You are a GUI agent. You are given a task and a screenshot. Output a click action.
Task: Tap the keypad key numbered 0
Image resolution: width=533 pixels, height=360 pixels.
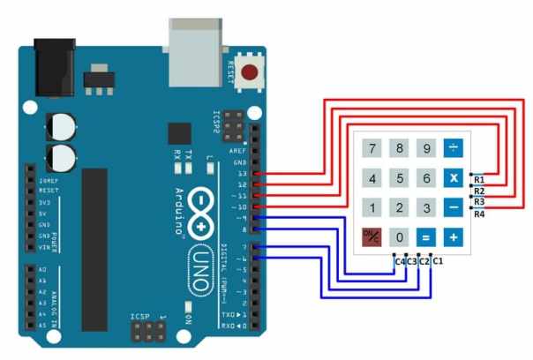pyautogui.click(x=400, y=236)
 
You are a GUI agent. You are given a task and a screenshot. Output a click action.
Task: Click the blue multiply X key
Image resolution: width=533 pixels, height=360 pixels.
pyautogui.click(x=453, y=178)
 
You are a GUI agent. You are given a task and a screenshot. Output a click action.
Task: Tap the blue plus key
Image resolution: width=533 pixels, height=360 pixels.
pyautogui.click(x=453, y=236)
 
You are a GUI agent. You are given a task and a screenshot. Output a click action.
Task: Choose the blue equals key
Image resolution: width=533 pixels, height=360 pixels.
pyautogui.click(x=426, y=236)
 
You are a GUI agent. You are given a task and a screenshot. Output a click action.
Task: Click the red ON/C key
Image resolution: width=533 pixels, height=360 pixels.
pyautogui.click(x=372, y=236)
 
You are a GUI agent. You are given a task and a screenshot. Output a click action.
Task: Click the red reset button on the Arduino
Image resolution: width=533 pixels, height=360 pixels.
pyautogui.click(x=251, y=73)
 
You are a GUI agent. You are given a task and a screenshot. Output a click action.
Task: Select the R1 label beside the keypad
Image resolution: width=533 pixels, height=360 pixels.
pyautogui.click(x=479, y=180)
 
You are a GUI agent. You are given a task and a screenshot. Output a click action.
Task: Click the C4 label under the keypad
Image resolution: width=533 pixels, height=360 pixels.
pyautogui.click(x=400, y=262)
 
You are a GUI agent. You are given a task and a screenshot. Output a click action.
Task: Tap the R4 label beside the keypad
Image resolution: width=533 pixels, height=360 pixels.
pyautogui.click(x=479, y=214)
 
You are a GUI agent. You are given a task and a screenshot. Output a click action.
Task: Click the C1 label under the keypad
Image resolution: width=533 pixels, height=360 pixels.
pyautogui.click(x=438, y=262)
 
